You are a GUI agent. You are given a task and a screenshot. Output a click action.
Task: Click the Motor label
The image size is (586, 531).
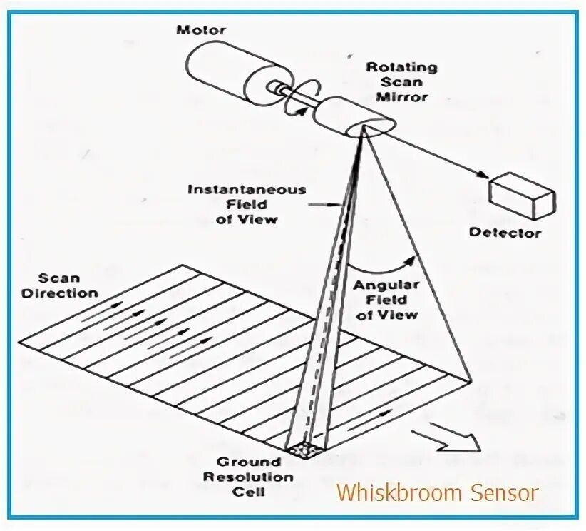202,30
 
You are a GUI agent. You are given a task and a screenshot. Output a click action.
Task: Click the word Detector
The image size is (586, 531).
505,233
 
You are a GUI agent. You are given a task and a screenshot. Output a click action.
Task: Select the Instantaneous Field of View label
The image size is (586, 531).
247,205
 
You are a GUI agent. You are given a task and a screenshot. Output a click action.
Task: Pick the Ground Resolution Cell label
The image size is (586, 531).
246,477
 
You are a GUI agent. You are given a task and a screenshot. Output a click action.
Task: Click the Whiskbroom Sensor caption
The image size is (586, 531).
436,492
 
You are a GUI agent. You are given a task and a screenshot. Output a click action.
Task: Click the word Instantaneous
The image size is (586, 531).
247,191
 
